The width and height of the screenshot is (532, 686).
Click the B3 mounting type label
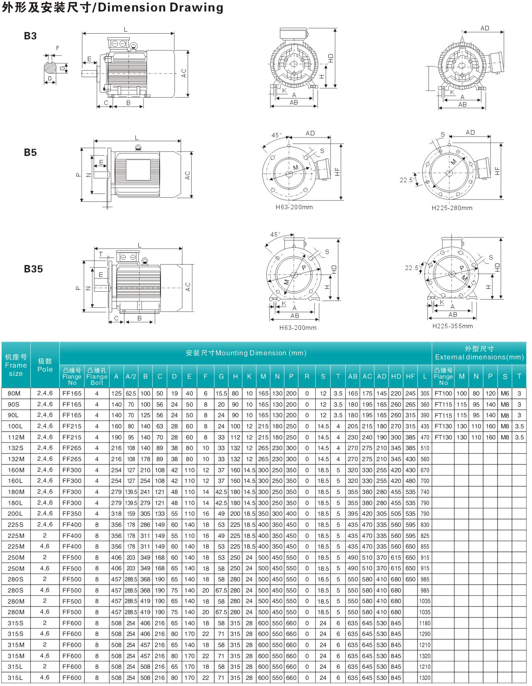click(x=30, y=36)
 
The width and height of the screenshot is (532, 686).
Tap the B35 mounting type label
click(x=33, y=269)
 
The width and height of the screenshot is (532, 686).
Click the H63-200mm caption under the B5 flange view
click(x=294, y=207)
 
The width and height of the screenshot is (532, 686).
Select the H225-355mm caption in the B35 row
click(x=452, y=326)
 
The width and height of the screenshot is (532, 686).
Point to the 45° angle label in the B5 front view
click(x=276, y=135)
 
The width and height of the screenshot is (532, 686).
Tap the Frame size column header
click(x=16, y=365)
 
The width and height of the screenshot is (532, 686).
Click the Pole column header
click(x=45, y=365)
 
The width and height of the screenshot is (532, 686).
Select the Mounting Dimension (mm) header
click(x=245, y=353)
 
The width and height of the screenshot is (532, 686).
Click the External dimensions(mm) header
click(x=479, y=353)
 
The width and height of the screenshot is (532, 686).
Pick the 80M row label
click(x=14, y=393)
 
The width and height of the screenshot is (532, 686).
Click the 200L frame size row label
click(x=15, y=514)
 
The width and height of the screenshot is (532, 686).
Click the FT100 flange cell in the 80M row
click(x=443, y=393)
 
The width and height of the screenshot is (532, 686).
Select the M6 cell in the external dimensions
click(x=504, y=393)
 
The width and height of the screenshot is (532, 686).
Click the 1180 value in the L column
click(x=424, y=623)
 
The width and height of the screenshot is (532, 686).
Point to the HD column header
click(x=396, y=377)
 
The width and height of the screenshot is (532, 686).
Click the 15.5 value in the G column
click(x=221, y=393)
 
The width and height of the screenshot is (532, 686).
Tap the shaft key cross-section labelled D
click(x=50, y=68)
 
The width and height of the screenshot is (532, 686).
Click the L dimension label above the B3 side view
click(x=126, y=30)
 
